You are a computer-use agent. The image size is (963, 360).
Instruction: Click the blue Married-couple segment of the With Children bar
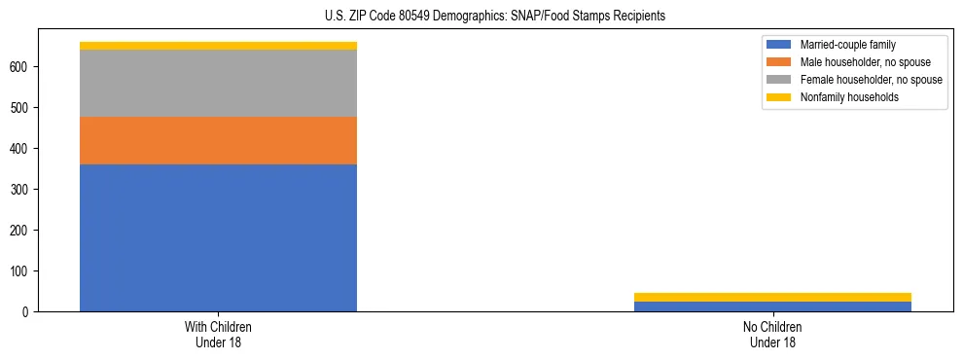click(x=218, y=237)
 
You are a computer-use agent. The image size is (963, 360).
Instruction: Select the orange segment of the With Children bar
click(x=218, y=140)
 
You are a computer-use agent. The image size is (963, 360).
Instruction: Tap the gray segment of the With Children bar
click(x=218, y=83)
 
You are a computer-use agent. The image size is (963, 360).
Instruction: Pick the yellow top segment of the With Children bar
click(x=218, y=46)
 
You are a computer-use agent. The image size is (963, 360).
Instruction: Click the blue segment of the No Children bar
click(x=772, y=306)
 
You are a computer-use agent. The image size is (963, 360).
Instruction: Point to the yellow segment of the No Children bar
click(x=772, y=297)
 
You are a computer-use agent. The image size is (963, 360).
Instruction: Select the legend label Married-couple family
click(x=848, y=45)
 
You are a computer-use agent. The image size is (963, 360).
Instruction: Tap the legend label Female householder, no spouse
click(x=871, y=80)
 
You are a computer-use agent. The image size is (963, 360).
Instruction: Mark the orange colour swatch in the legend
click(x=780, y=62)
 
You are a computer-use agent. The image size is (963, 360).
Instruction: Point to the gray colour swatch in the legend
click(x=780, y=80)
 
